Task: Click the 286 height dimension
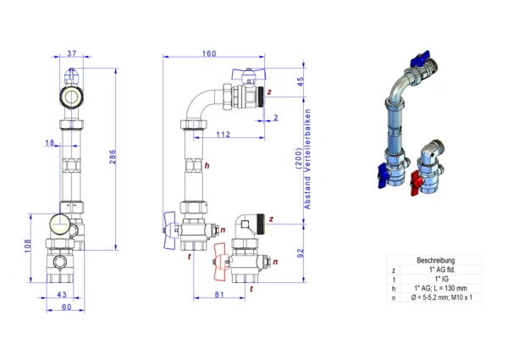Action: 113,157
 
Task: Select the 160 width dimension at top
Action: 209,53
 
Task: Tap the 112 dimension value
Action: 223,134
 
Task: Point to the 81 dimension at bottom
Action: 219,295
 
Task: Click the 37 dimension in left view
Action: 72,53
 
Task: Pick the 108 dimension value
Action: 28,246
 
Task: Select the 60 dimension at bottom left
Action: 66,307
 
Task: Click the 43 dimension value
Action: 62,295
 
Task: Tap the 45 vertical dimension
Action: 301,81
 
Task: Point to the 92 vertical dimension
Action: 301,253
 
